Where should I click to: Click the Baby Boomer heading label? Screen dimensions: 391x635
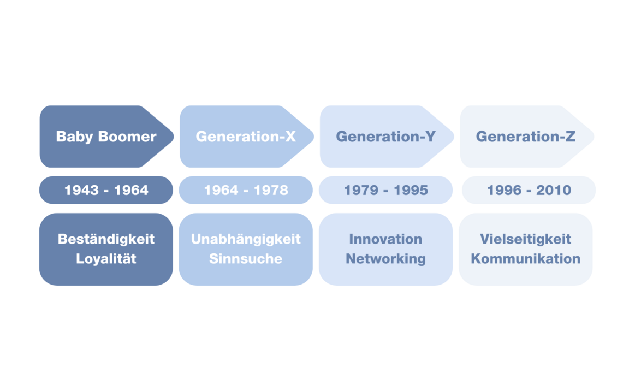point(106,137)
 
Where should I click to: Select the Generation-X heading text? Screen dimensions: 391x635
point(246,137)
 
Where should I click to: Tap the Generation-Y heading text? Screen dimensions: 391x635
point(385,137)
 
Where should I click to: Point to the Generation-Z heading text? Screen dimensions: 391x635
point(525,137)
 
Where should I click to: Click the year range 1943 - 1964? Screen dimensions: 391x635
point(106,190)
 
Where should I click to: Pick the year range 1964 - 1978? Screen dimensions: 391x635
point(246,190)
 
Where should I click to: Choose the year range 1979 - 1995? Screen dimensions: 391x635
point(385,190)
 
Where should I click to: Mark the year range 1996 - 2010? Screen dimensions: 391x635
point(529,190)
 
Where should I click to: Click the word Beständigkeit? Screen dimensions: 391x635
point(106,239)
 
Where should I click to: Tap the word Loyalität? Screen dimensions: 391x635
point(106,259)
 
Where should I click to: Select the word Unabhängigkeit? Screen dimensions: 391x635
point(246,239)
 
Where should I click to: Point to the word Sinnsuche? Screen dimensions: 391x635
point(246,259)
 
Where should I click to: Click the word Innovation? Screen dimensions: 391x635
point(385,239)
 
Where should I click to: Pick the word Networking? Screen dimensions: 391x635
point(385,259)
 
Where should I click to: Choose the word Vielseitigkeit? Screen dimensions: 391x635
point(525,239)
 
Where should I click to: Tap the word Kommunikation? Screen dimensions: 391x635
point(525,259)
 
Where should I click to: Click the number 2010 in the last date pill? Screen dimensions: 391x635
point(553,190)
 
